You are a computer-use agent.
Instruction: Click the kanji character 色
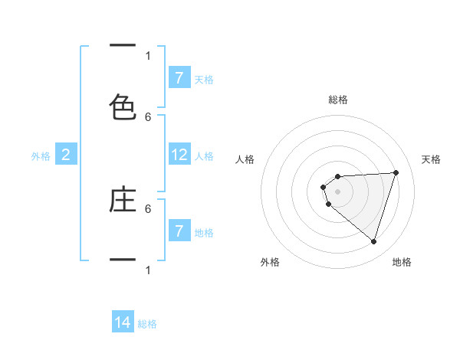pos(123,107)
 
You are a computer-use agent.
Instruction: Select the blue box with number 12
pos(179,155)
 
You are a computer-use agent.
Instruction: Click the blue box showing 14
pos(123,322)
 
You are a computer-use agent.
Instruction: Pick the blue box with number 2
pos(66,155)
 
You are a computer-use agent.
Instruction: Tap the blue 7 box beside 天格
pos(179,77)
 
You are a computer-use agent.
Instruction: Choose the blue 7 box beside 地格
pos(179,231)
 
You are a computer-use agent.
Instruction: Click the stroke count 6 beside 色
pos(148,116)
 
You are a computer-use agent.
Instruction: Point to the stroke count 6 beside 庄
pos(148,208)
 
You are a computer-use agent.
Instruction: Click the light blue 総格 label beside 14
pos(147,324)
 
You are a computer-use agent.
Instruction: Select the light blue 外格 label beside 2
pos(41,156)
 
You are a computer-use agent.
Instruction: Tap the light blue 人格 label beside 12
pos(204,156)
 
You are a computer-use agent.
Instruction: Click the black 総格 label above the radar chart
pos(338,100)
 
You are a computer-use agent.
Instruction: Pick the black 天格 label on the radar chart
pos(432,159)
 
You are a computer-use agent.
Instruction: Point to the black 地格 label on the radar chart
pos(402,262)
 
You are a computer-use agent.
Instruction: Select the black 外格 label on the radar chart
pos(270,262)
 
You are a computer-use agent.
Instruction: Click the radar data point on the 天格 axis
pos(396,172)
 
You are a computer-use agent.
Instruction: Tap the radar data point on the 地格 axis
pos(373,241)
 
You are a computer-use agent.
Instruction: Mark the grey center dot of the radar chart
pos(338,191)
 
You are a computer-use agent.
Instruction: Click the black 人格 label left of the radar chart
pos(245,159)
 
